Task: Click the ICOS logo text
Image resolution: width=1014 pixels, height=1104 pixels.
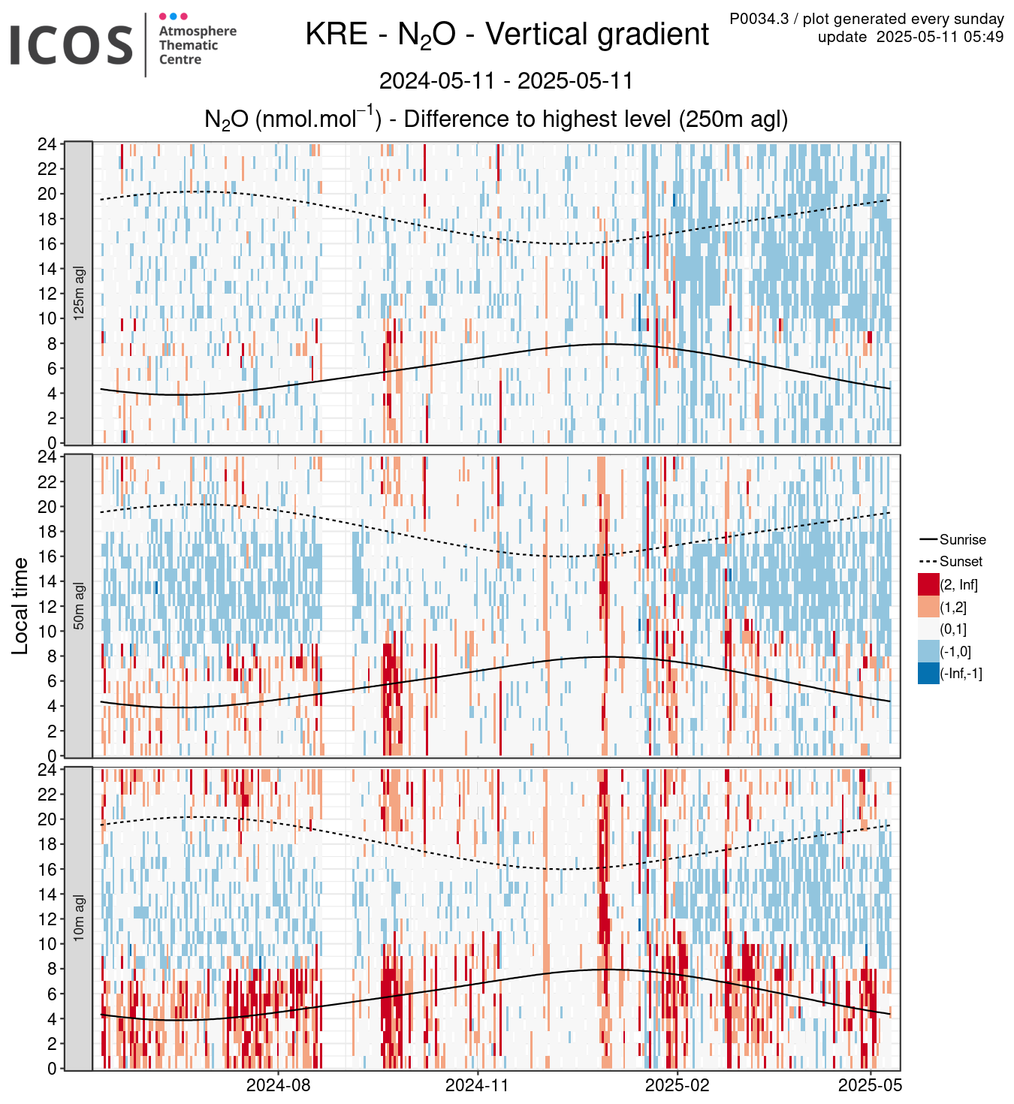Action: coord(71,44)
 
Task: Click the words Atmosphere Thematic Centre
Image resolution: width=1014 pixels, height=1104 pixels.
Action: coord(198,45)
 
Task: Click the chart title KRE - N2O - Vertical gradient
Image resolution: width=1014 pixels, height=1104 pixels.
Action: coord(506,35)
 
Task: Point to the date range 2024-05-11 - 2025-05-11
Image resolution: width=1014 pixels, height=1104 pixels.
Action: coord(506,81)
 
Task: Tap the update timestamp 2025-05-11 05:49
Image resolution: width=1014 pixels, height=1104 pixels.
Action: coord(940,37)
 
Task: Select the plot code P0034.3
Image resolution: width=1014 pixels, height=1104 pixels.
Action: coord(759,19)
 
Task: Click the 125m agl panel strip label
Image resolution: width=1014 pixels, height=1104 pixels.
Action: coord(79,293)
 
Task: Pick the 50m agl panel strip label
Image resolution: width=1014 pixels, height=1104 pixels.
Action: coord(79,605)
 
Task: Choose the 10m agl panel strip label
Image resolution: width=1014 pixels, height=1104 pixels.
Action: coord(79,918)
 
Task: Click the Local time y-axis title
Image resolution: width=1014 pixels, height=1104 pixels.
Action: coord(20,605)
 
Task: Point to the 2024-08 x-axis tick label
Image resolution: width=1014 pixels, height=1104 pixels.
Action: coord(278,1084)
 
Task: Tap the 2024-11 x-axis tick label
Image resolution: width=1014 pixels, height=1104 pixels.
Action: coord(477,1084)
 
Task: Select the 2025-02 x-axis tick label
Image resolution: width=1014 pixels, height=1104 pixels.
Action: coord(677,1084)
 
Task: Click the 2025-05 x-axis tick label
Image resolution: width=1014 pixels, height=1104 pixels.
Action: coord(870,1084)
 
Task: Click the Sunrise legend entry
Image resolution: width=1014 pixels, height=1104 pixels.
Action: coord(952,539)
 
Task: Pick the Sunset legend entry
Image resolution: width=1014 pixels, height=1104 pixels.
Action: coord(951,561)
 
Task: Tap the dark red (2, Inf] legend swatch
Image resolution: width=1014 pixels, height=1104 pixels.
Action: coord(928,584)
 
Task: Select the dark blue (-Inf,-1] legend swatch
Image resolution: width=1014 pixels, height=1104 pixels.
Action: coord(928,673)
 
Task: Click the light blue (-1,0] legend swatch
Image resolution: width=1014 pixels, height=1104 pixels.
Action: coord(928,651)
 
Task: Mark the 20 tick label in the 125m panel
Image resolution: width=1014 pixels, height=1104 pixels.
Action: coord(47,194)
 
